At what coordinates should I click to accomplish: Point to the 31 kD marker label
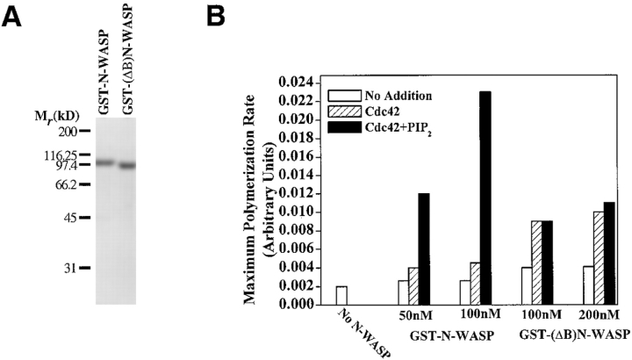[x=69, y=268]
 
